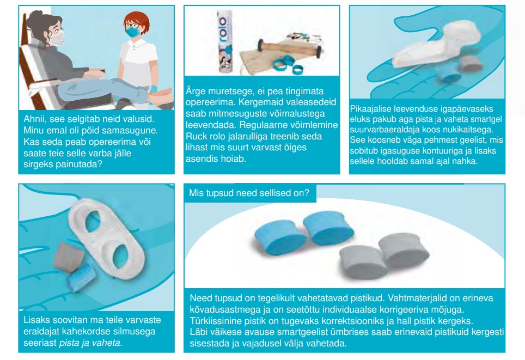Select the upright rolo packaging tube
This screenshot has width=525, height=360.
[x=225, y=41]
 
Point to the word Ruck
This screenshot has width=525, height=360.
[x=196, y=136]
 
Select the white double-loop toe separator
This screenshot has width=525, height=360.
[x=107, y=239]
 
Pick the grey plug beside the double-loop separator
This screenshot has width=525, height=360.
[x=69, y=257]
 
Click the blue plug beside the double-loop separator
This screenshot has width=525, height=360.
[x=81, y=277]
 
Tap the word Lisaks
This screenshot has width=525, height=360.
[x=35, y=320]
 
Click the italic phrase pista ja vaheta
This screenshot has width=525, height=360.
[x=90, y=343]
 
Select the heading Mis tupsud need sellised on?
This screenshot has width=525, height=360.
[x=249, y=193]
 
